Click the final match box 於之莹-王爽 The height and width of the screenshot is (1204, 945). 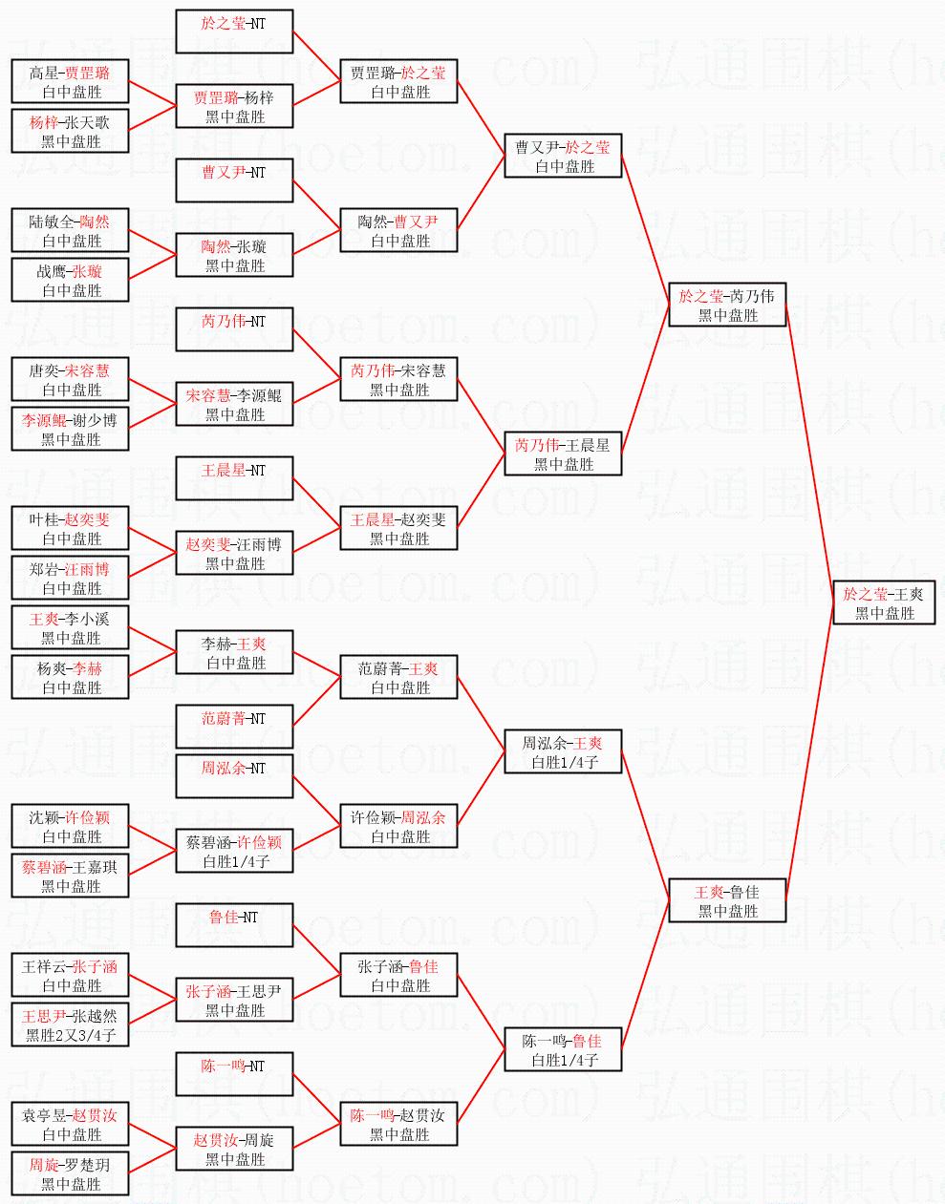884,602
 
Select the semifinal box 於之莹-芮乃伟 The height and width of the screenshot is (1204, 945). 727,305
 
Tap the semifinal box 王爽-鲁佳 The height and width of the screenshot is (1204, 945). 727,900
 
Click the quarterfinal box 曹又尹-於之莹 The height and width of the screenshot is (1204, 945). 563,156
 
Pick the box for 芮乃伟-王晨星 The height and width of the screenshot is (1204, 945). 563,454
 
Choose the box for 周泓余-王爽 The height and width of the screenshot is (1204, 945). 563,751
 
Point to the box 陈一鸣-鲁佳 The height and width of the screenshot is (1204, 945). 563,1049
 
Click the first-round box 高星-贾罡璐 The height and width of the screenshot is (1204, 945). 70,81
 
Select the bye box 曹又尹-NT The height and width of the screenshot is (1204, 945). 234,182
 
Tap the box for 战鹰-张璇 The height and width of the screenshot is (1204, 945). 70,280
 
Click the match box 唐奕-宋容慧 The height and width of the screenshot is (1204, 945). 70,379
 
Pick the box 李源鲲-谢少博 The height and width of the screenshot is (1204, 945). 70,429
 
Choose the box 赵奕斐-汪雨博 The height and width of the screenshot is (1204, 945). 234,553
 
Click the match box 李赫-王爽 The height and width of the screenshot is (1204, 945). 234,652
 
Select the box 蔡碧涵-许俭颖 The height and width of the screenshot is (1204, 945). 234,851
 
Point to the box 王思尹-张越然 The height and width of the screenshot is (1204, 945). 70,1024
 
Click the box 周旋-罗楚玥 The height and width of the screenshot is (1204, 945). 70,1173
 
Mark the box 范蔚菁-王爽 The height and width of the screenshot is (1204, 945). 398,677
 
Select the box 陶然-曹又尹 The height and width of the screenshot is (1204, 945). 398,230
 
